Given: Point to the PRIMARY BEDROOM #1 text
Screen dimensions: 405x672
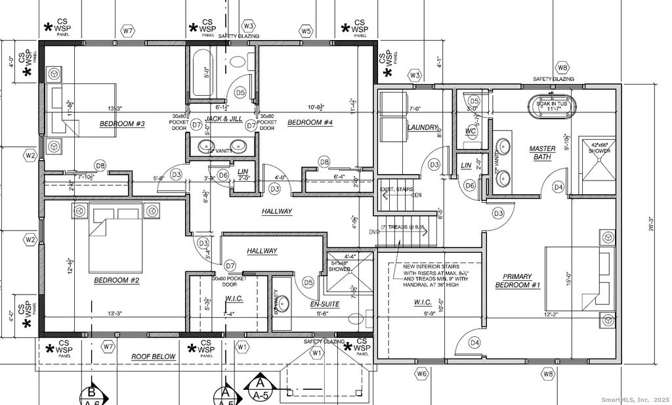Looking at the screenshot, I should point(517,281).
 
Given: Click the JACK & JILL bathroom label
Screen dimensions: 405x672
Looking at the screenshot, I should point(223,119).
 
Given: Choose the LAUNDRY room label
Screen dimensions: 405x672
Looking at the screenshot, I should point(422,127).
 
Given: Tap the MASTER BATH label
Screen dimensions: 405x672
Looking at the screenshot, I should point(542,152).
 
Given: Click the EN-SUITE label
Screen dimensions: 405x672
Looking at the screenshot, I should point(324,305).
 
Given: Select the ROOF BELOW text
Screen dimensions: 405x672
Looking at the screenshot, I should point(153,356).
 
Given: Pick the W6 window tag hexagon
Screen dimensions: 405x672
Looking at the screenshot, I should point(421,373).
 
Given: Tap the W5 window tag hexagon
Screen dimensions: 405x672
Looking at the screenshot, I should point(306,31).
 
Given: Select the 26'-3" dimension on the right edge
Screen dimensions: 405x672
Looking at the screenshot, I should point(651,224).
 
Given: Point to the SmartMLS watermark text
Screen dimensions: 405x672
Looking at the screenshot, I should point(635,399).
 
